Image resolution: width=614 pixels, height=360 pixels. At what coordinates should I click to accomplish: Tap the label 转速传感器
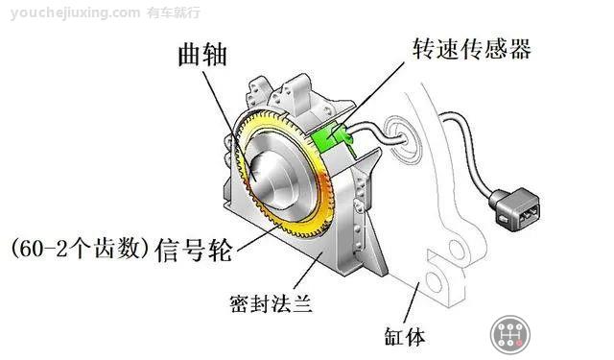pos(470,48)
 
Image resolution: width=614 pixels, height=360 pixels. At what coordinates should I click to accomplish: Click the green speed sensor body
pos(328,141)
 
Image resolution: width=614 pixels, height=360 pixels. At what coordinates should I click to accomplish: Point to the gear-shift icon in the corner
pos(510,335)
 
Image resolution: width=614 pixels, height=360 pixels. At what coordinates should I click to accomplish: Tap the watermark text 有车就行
pos(174,12)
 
